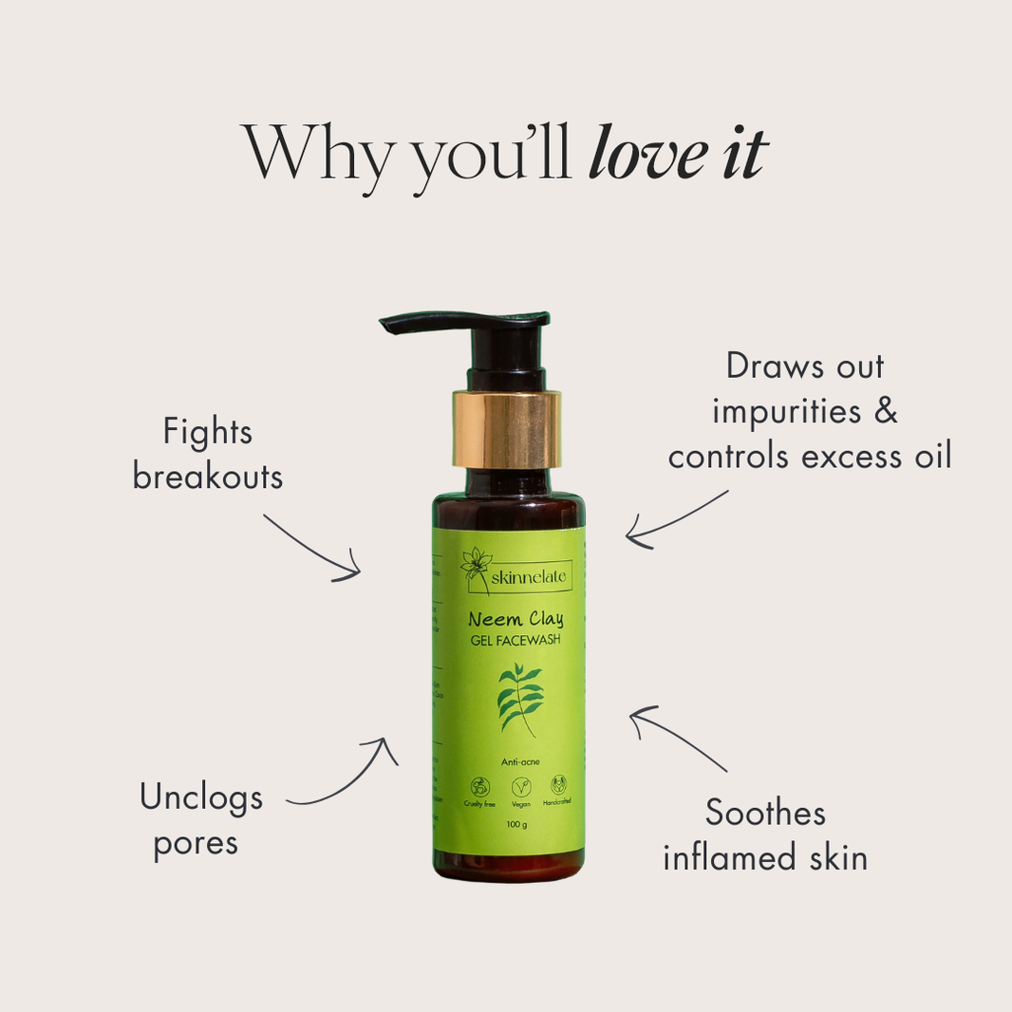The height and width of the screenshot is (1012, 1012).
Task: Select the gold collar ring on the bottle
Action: tap(505, 429)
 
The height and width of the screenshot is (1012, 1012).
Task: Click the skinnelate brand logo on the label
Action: tap(516, 571)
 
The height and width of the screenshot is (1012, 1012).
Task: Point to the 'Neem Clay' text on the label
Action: tap(515, 619)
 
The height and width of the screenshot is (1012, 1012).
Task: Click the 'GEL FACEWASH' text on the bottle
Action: tap(515, 641)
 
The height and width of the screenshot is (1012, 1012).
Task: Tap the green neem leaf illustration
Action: tap(519, 699)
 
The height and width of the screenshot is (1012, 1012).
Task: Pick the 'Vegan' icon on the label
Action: tap(521, 787)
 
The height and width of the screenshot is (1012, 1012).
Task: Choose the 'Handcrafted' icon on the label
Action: tap(557, 787)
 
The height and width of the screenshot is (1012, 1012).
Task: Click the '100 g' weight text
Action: tap(517, 824)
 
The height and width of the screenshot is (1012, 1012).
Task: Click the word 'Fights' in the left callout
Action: tap(207, 433)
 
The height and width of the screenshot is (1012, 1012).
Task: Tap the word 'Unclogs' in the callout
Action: tap(201, 797)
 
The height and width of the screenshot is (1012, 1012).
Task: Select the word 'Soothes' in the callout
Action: tap(765, 814)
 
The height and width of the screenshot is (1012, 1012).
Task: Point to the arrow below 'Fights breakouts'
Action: tap(313, 548)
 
